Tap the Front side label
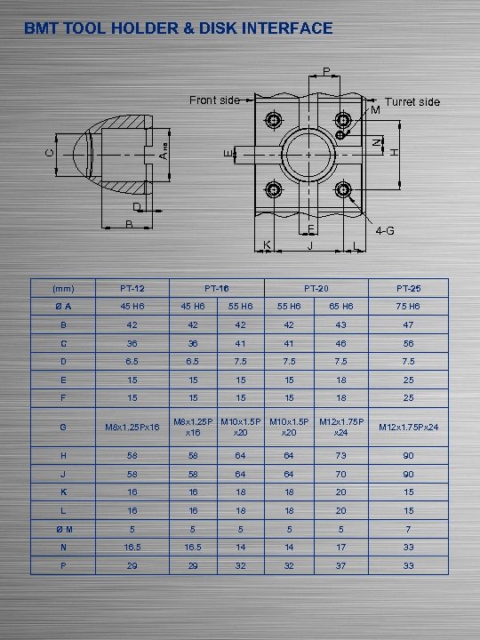pyautogui.click(x=213, y=100)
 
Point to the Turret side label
pyautogui.click(x=412, y=102)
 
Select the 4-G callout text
pyautogui.click(x=385, y=231)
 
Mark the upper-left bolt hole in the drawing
pyautogui.click(x=274, y=120)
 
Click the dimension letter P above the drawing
pyautogui.click(x=326, y=71)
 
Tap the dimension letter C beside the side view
pyautogui.click(x=49, y=152)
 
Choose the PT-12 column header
pyautogui.click(x=132, y=289)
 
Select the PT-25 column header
pyautogui.click(x=408, y=289)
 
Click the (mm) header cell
pyautogui.click(x=63, y=289)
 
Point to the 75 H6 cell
pyautogui.click(x=408, y=306)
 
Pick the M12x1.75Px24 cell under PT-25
pyautogui.click(x=408, y=428)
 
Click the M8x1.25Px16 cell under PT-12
pyautogui.click(x=132, y=428)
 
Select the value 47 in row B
pyautogui.click(x=408, y=325)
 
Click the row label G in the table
pyautogui.click(x=63, y=428)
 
